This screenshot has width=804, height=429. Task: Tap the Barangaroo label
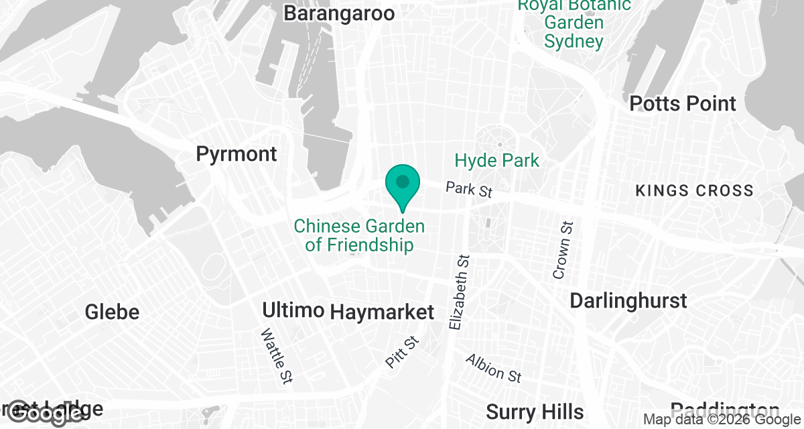coord(338,13)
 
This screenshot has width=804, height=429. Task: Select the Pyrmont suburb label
coord(236,154)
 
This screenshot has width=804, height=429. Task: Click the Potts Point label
coord(683,104)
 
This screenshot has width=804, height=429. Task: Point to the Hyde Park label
coord(496,161)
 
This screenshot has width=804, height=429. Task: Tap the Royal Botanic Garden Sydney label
coord(574,23)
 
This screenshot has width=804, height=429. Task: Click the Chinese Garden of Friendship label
coord(359,235)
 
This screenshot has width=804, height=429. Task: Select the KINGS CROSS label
coord(694,191)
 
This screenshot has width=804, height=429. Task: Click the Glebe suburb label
coord(113,312)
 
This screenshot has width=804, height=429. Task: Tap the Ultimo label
coord(293,310)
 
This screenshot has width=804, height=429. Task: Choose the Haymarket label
coord(382,312)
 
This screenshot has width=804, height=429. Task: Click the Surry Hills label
coord(535,411)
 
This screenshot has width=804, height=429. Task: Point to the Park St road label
coord(469,190)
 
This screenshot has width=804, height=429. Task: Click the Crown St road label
coord(562,249)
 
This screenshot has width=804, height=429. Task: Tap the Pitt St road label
coord(402,352)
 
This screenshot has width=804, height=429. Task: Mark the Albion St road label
coord(493,368)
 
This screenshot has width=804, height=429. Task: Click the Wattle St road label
coord(276,356)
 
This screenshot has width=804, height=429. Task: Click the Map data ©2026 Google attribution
coord(722,420)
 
